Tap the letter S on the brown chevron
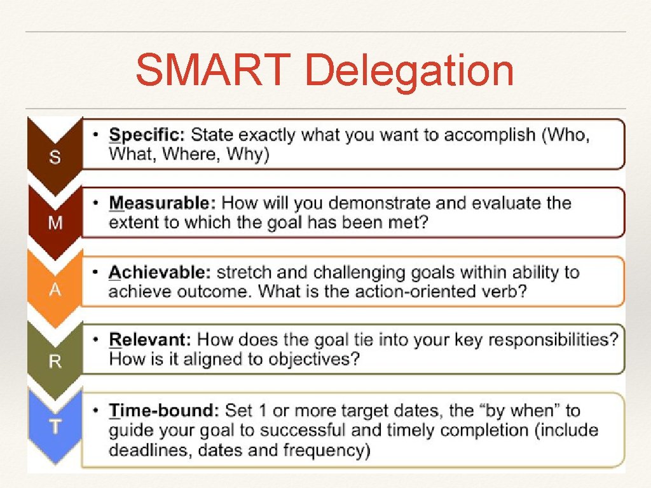[x=55, y=157]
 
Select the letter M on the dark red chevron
[x=55, y=223]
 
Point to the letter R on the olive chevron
[x=55, y=361]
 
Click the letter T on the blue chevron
[x=55, y=426]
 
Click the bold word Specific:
[x=147, y=135]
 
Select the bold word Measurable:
[x=162, y=203]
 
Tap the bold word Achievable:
[x=160, y=273]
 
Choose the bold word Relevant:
[x=150, y=339]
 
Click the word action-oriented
[x=413, y=291]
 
